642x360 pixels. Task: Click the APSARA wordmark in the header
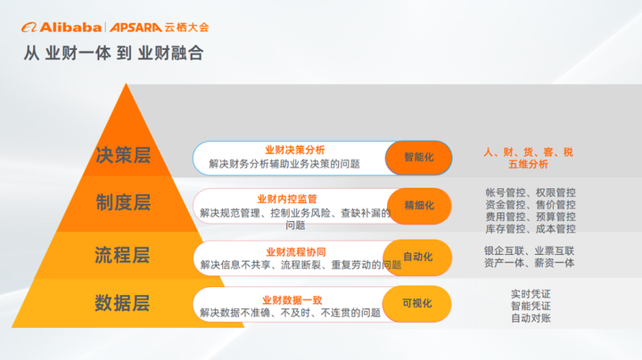(x=136, y=28)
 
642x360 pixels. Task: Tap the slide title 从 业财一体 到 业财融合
(x=113, y=53)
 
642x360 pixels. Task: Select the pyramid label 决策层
(x=123, y=155)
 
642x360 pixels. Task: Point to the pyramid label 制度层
(x=123, y=202)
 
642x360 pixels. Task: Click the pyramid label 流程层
(x=122, y=255)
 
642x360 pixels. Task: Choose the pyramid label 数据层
(x=122, y=303)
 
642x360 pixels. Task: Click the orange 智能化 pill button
(x=418, y=158)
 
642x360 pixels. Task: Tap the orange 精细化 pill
(x=419, y=206)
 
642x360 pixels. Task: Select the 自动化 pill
(x=417, y=258)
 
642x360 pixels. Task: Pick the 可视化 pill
(x=416, y=304)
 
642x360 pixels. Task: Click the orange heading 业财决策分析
(x=295, y=150)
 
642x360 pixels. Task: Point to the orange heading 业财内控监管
(x=287, y=200)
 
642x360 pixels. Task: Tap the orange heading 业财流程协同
(x=296, y=252)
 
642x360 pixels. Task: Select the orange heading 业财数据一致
(x=292, y=300)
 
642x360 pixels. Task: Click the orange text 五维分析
(x=528, y=165)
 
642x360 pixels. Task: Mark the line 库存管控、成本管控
(x=531, y=229)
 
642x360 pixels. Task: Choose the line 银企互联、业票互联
(x=530, y=250)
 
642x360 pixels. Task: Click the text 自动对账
(x=531, y=318)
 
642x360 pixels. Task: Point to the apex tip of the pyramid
(x=126, y=84)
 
